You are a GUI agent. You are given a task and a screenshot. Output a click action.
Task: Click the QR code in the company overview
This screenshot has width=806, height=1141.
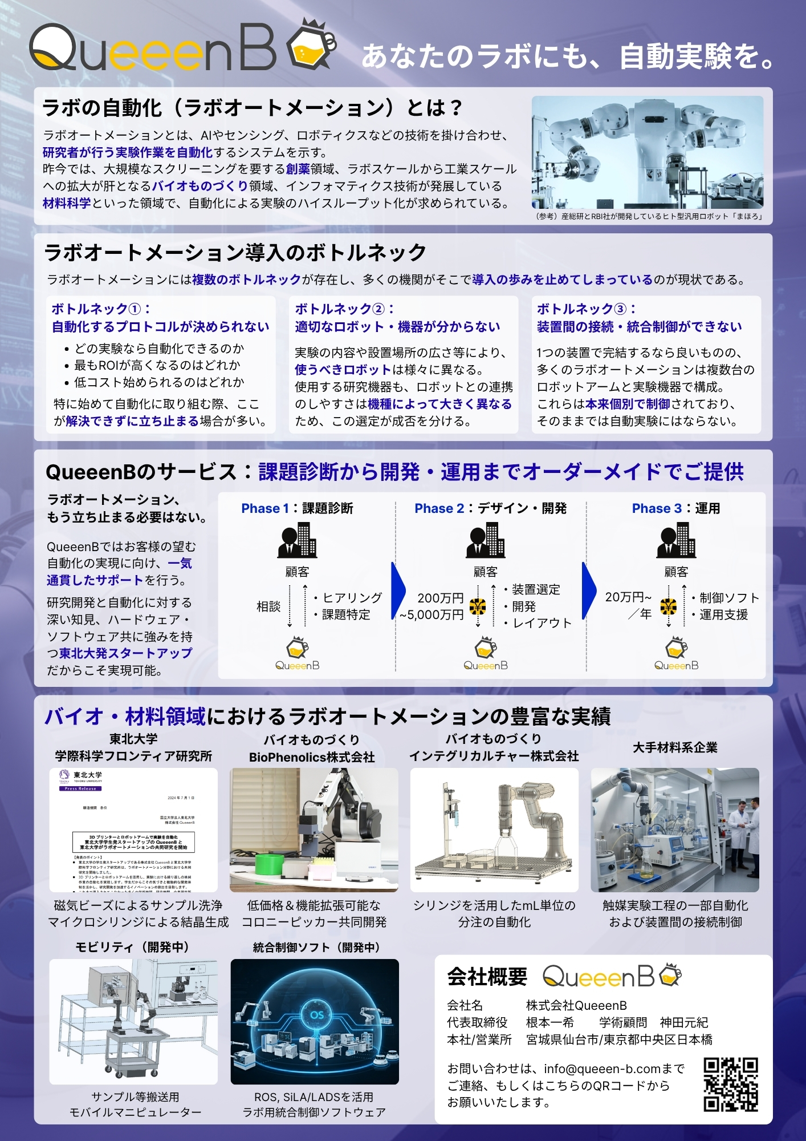[x=731, y=1085]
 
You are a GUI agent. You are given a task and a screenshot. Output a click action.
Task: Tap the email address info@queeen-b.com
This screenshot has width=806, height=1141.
[x=602, y=1069]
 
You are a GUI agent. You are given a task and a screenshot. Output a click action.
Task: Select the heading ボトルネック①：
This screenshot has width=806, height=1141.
[x=101, y=309]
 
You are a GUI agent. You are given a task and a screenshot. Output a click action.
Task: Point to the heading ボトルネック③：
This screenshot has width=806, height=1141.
[x=586, y=309]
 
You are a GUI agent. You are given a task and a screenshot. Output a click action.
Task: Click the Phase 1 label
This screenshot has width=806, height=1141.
[x=265, y=508]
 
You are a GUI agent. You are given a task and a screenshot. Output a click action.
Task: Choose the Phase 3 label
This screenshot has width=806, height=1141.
[x=656, y=508]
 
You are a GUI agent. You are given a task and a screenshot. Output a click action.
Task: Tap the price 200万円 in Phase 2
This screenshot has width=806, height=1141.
[x=440, y=598]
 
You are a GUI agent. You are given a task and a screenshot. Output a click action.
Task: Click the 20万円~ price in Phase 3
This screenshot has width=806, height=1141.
[x=628, y=597]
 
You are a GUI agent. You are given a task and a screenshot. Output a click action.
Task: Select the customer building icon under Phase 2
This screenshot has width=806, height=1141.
[x=486, y=541]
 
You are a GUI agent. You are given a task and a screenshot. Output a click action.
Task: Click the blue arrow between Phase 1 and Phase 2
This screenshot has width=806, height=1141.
[x=398, y=590]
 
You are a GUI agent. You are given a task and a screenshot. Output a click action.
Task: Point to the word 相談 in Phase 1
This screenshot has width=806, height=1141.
[x=268, y=606]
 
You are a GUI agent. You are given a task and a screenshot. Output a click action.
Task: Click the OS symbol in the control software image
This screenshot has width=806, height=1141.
[x=317, y=1015]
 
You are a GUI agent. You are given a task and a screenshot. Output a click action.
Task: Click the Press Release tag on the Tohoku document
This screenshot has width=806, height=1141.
[x=80, y=788]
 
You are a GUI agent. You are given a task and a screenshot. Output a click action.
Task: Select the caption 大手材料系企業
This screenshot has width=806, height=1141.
[x=675, y=747]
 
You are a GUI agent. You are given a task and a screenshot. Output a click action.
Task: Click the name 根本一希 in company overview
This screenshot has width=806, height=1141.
[x=550, y=1022]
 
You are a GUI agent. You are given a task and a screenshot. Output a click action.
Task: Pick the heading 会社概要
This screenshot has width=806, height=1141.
[x=487, y=977]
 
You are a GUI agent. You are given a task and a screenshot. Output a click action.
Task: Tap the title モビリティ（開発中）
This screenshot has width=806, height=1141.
[x=132, y=947]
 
